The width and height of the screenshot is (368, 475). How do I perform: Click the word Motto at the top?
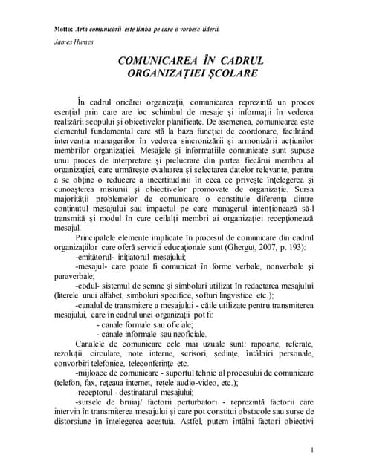click(x=65, y=30)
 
